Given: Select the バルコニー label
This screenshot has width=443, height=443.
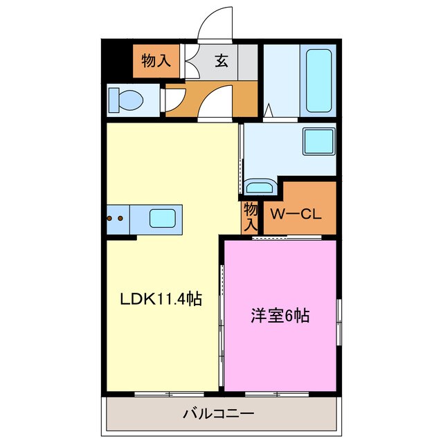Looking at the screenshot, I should tap(218, 414).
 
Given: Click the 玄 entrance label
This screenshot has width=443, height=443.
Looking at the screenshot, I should tap(220, 61).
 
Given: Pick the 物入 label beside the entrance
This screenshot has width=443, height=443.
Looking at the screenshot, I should tap(156, 61).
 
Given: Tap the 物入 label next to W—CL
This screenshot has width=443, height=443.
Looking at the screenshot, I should tap(251, 216).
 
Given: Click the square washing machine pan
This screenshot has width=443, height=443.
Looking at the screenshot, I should tap(318, 143).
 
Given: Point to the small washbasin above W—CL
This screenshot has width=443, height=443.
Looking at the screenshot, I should tap(260, 187).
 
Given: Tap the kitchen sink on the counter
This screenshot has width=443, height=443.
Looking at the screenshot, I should tap(165, 220).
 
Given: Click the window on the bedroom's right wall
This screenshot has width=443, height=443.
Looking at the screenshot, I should tap(339, 320).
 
